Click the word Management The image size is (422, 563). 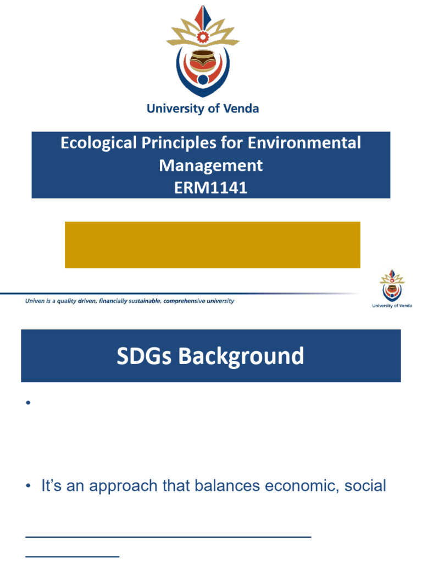point(211,165)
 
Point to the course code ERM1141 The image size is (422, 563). point(211,187)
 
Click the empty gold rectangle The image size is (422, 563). point(212,245)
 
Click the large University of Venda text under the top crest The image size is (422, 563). point(203,108)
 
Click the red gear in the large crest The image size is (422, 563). point(203,36)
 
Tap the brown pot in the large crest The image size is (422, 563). point(203,60)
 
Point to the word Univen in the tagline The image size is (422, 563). point(35,301)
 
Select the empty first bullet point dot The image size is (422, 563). point(26,403)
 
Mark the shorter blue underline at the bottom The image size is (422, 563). point(73,556)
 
